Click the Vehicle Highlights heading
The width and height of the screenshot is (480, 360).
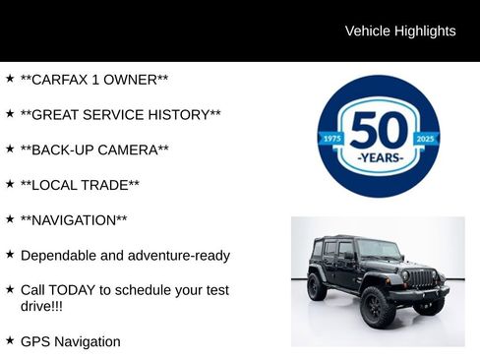click(x=400, y=31)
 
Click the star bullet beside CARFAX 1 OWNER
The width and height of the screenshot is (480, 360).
click(x=10, y=78)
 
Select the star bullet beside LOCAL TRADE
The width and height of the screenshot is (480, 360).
click(x=10, y=184)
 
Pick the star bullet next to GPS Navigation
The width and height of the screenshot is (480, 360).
click(x=10, y=340)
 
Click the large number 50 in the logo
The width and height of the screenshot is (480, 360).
click(x=379, y=130)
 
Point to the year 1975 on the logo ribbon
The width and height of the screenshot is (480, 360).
click(x=332, y=140)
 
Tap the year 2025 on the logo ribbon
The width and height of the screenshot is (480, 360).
click(x=425, y=140)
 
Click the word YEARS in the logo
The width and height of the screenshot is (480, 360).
click(x=379, y=157)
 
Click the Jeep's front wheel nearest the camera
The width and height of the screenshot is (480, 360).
click(x=379, y=307)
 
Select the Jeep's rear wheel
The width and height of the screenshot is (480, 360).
click(x=317, y=287)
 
